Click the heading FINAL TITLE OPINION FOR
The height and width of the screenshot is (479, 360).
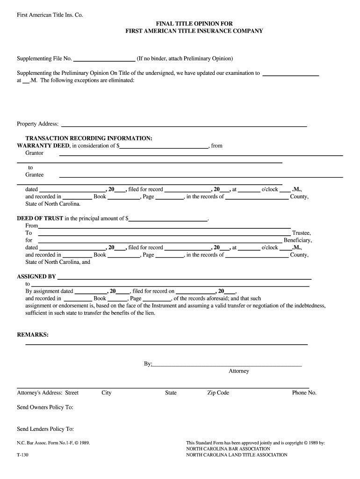click(x=194, y=23)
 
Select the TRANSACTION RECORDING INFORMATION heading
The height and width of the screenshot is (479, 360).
click(x=89, y=138)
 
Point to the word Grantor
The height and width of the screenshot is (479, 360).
click(x=34, y=153)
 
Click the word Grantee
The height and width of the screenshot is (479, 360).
click(x=34, y=174)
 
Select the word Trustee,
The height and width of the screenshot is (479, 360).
click(x=302, y=233)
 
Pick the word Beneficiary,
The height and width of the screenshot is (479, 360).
click(x=298, y=240)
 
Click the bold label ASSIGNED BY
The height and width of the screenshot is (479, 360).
click(x=36, y=276)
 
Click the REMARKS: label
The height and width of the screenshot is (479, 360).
click(x=33, y=335)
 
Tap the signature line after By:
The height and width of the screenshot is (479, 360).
click(x=227, y=364)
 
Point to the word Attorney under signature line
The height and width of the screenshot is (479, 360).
click(x=239, y=371)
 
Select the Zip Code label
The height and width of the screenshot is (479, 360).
click(x=218, y=393)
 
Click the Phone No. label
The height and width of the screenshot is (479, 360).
click(x=304, y=393)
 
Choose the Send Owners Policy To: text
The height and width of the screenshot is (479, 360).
click(x=45, y=407)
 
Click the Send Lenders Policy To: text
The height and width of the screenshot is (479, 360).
click(x=45, y=429)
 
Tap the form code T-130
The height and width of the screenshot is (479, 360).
click(x=23, y=455)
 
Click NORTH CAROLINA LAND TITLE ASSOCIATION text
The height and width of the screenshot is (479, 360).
click(x=237, y=455)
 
